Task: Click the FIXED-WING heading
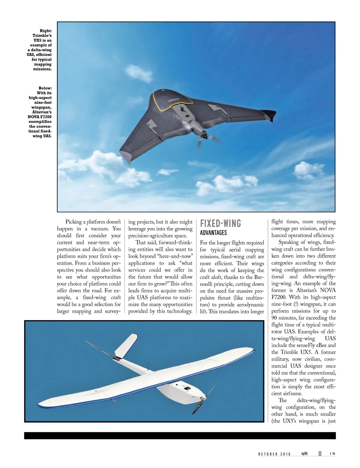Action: coord(220,223)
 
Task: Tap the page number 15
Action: coord(332,454)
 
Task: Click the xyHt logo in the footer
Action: coord(304,454)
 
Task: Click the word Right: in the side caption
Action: coord(45,31)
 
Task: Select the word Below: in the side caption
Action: coord(45,88)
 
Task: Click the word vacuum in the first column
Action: coord(98,229)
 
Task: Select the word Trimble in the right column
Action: coord(289,352)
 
